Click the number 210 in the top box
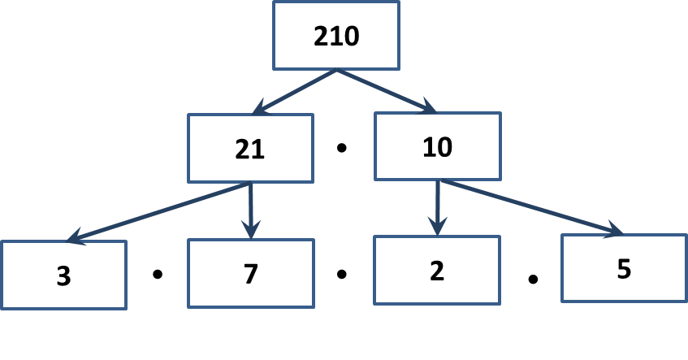click(336, 36)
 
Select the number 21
click(249, 150)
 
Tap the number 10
click(438, 147)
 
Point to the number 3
click(63, 276)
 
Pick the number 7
click(250, 274)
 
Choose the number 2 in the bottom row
click(437, 271)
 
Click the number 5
click(624, 269)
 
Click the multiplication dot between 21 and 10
click(342, 148)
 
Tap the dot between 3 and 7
click(158, 275)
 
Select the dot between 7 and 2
click(342, 275)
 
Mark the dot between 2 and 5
click(533, 279)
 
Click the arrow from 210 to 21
click(294, 92)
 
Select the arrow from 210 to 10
click(387, 91)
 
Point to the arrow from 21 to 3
click(158, 211)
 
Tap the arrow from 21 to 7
click(250, 210)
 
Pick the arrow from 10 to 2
click(438, 208)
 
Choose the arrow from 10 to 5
click(531, 206)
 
